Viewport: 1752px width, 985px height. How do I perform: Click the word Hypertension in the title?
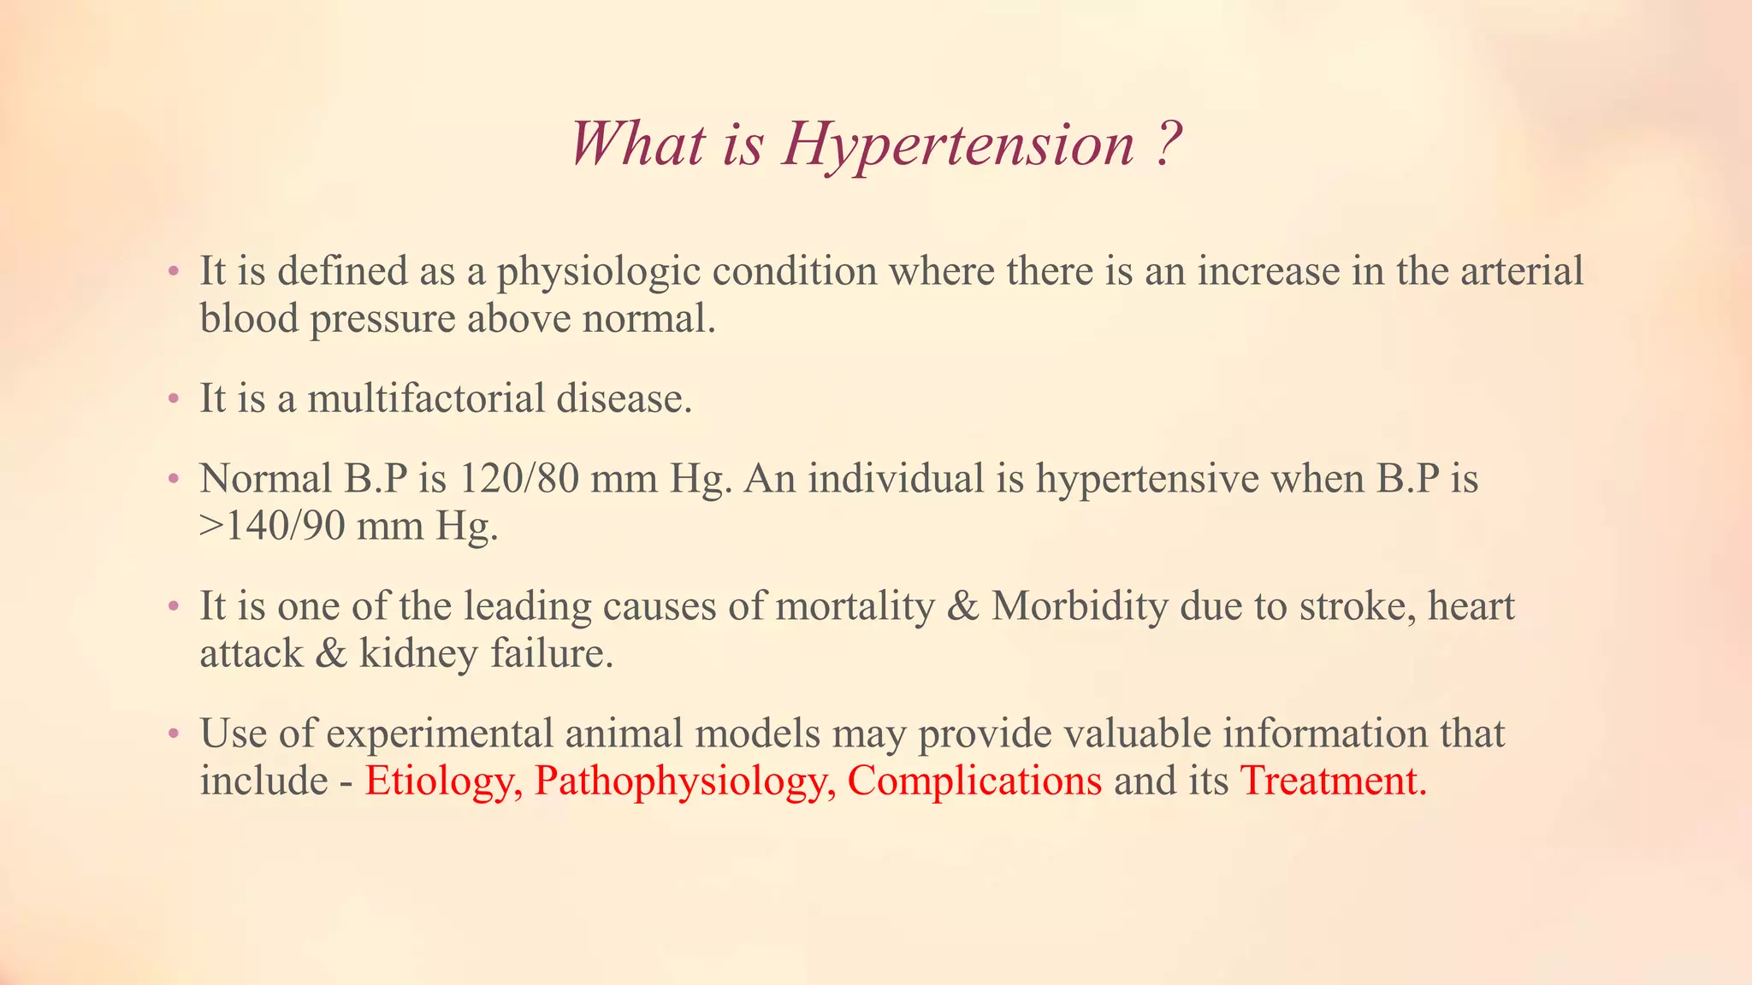pos(958,144)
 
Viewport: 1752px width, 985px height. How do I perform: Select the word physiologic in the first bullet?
pos(599,272)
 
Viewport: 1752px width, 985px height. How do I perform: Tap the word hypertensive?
pos(1147,479)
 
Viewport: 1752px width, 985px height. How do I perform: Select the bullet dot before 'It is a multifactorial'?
pos(174,399)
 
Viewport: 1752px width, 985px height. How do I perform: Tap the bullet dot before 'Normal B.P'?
pos(174,479)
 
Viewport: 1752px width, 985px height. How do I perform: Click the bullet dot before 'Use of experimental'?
pos(174,734)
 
